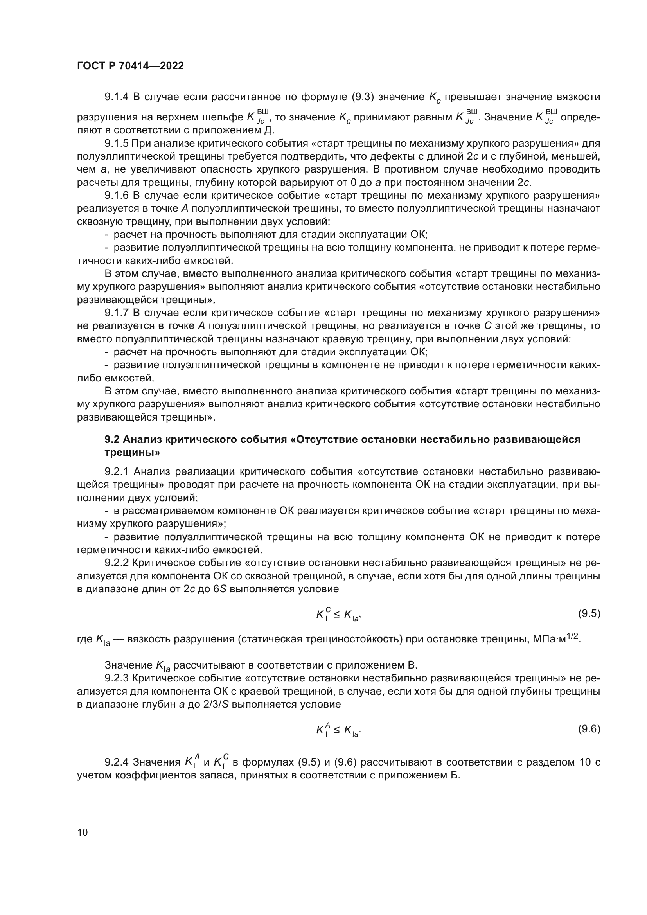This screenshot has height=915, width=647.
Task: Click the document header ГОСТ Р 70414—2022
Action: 130,66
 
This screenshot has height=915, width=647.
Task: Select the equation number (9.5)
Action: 589,613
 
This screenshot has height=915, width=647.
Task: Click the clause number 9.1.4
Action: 117,97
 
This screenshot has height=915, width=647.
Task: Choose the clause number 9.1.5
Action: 117,143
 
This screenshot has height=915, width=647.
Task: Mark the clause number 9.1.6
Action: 117,195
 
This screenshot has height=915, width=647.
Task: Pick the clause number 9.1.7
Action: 117,313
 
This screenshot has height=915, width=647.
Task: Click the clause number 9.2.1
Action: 117,471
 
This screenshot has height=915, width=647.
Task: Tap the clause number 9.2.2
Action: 117,563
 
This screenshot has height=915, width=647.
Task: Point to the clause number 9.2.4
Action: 117,762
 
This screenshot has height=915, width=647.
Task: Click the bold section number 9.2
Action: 112,439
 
